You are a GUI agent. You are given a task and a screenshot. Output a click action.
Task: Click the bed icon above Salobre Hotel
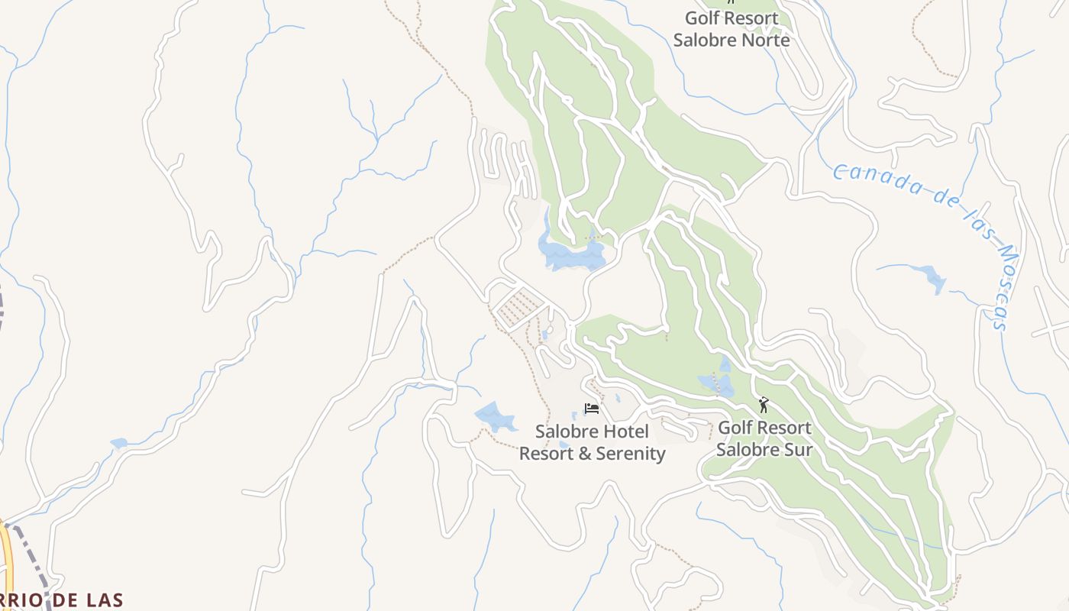click(x=592, y=409)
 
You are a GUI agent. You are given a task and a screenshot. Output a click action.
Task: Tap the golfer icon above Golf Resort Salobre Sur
click(x=764, y=405)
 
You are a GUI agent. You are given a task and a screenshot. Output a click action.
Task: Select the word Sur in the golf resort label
click(x=796, y=449)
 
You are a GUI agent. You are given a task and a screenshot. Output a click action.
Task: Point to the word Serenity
click(x=628, y=454)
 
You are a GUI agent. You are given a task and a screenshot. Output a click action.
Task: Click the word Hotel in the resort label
click(x=619, y=432)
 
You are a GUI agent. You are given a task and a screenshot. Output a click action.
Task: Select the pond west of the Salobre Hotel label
click(x=496, y=417)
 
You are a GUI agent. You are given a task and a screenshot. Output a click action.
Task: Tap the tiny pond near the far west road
click(x=118, y=443)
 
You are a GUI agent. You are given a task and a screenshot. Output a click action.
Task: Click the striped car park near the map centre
click(x=518, y=306)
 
